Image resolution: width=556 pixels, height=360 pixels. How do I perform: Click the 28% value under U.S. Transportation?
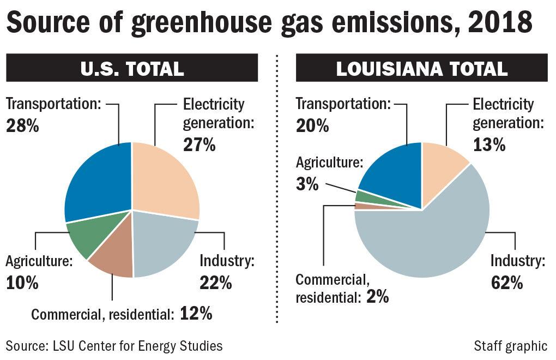[x=22, y=127]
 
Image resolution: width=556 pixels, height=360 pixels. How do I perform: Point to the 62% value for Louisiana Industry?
[x=506, y=283]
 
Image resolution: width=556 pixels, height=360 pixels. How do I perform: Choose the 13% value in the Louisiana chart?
[x=489, y=145]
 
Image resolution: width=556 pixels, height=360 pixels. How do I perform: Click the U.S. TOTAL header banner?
[x=132, y=69]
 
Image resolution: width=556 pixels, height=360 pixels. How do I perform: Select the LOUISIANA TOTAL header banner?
[x=421, y=69]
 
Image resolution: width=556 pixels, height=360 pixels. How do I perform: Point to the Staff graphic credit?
[x=510, y=345]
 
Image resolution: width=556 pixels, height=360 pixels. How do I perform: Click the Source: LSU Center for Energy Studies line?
[x=114, y=345]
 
